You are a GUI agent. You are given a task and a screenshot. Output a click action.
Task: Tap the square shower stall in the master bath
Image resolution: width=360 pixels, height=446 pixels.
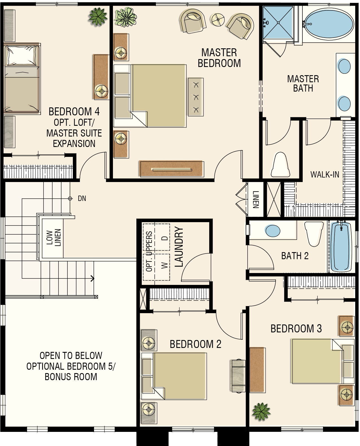click(x=278, y=22)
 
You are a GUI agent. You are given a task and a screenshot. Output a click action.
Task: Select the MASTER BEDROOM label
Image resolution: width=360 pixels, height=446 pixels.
click(x=219, y=58)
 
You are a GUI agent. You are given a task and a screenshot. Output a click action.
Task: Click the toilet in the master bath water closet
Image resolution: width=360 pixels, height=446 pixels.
click(x=280, y=164)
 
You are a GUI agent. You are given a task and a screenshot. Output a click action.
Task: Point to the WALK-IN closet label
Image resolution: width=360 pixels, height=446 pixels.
click(x=325, y=174)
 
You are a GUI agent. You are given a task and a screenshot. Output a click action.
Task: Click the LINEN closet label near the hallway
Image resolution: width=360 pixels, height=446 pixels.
click(x=256, y=199)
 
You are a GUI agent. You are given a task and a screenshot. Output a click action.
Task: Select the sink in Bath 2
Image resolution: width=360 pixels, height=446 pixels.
click(x=272, y=231)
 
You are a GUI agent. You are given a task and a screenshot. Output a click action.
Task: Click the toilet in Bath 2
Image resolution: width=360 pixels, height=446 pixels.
click(x=314, y=234)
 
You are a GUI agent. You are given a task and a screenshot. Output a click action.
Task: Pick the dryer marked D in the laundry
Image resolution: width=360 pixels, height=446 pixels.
click(x=162, y=237)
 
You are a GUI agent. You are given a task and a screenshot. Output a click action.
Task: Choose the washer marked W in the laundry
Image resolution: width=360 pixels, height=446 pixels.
click(x=162, y=267)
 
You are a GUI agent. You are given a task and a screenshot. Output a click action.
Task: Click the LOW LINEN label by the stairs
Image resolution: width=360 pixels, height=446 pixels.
click(x=54, y=238)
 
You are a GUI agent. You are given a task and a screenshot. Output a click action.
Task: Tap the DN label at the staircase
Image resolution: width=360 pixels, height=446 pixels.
click(x=82, y=198)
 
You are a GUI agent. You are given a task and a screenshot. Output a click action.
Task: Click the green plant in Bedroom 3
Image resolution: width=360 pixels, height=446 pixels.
click(x=261, y=412)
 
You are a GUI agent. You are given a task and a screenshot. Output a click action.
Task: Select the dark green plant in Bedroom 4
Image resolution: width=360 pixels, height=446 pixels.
click(x=98, y=17)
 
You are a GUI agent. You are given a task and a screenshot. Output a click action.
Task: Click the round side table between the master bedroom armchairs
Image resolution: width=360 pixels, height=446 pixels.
click(x=218, y=20)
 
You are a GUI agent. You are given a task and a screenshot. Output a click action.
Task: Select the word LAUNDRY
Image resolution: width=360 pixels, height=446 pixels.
click(x=179, y=247)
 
